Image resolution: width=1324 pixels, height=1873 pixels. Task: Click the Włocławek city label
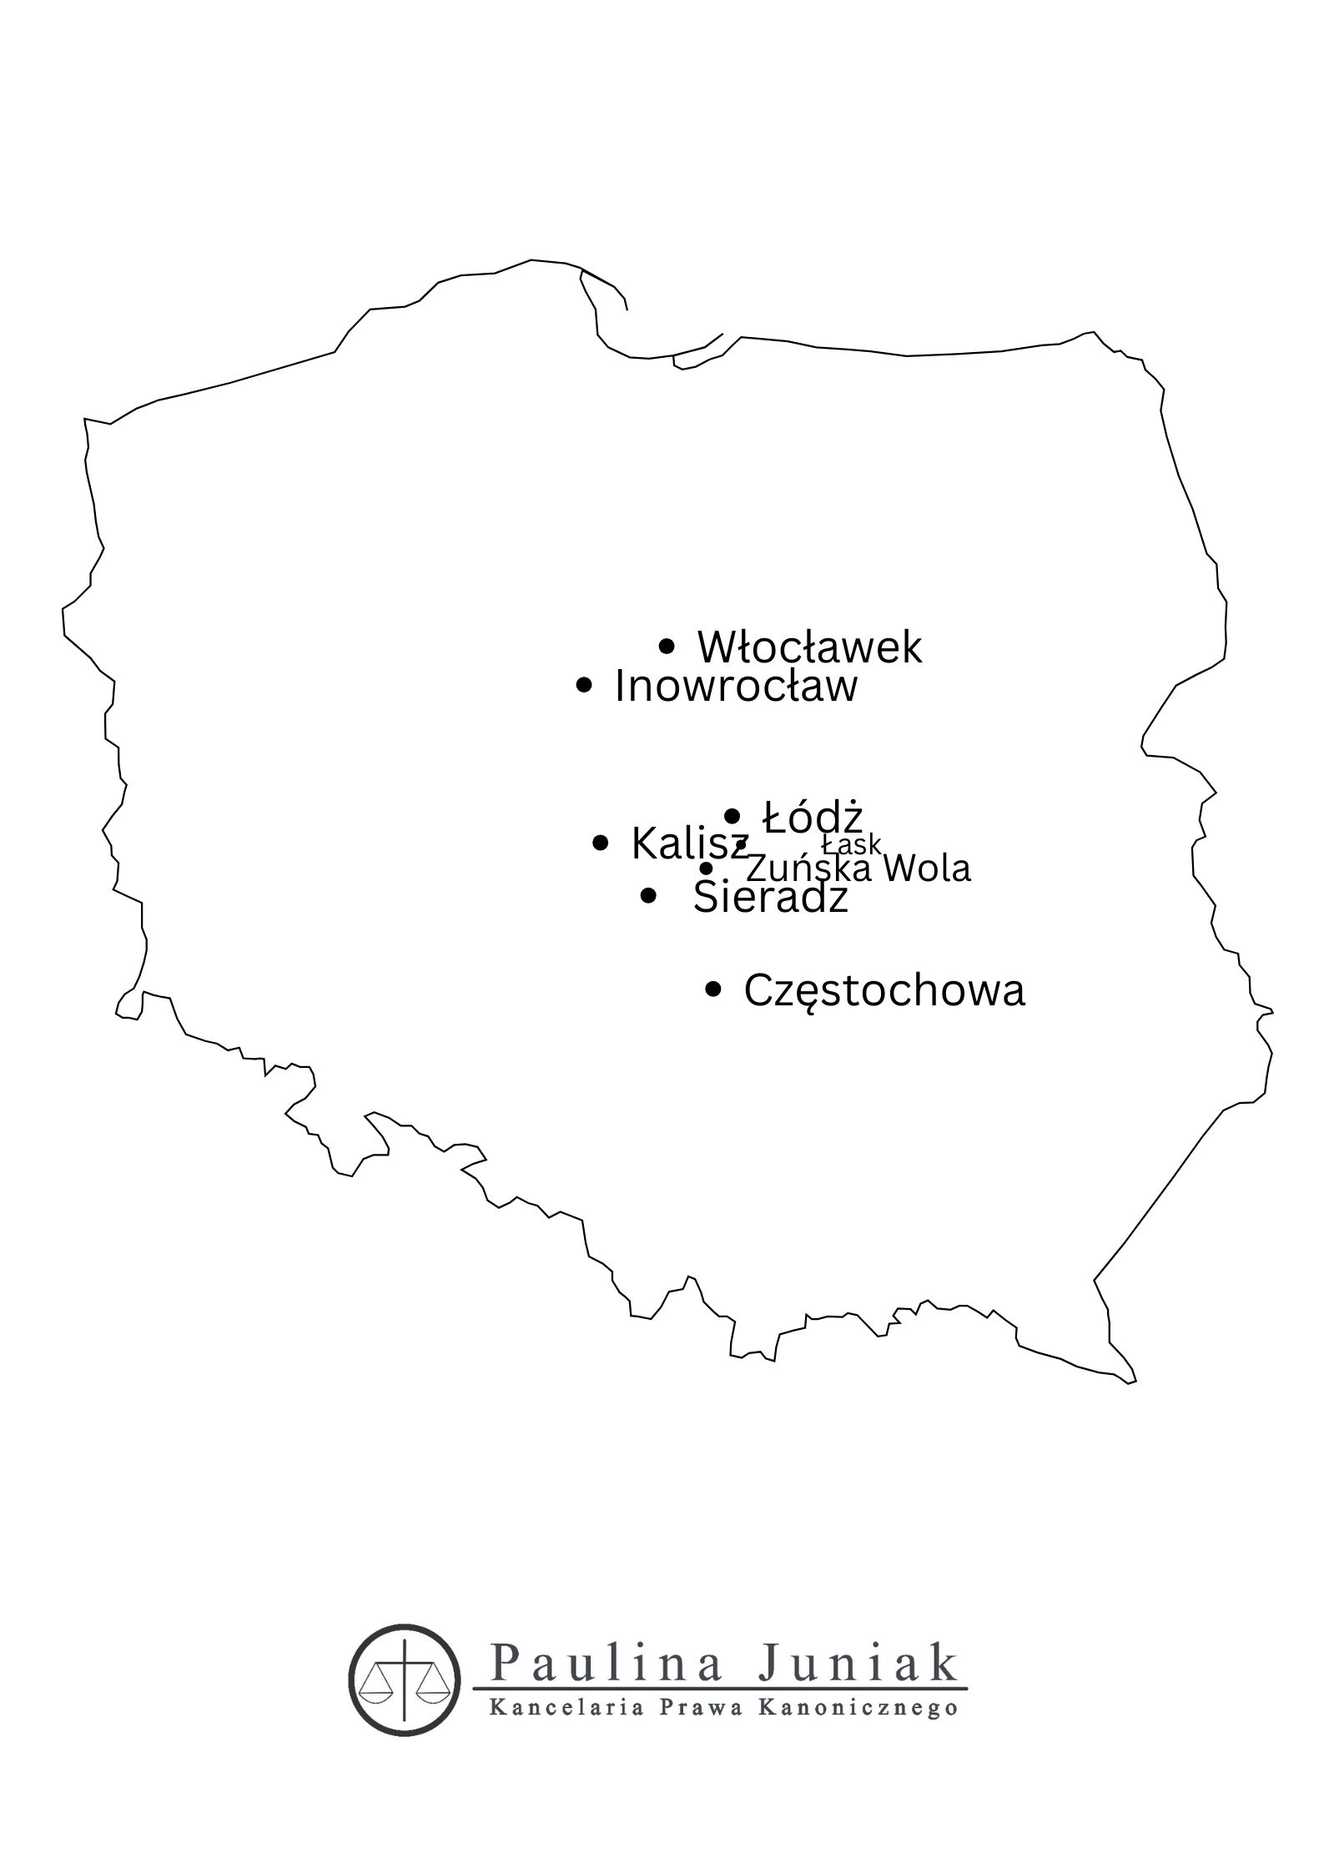coord(809,647)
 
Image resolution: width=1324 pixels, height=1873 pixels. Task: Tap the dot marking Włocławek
coord(667,646)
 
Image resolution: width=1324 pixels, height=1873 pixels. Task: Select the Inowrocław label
coord(735,687)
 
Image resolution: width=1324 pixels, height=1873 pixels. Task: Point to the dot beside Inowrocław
coord(584,686)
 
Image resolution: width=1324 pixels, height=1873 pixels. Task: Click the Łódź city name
coord(813,817)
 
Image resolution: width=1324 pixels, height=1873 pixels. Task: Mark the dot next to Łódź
coord(732,815)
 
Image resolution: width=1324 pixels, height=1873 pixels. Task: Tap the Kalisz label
coord(689,843)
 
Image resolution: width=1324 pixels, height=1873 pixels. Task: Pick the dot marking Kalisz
coord(600,843)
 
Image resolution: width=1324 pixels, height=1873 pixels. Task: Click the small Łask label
coord(851,843)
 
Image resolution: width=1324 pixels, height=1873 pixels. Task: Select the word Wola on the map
coord(926,869)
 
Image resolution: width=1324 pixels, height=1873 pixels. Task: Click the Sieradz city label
coord(770,898)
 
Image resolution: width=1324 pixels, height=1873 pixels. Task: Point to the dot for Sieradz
coord(648,896)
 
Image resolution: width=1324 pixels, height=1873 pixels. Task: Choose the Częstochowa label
coord(884,991)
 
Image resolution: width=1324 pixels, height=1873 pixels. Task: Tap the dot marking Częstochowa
coord(713,989)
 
